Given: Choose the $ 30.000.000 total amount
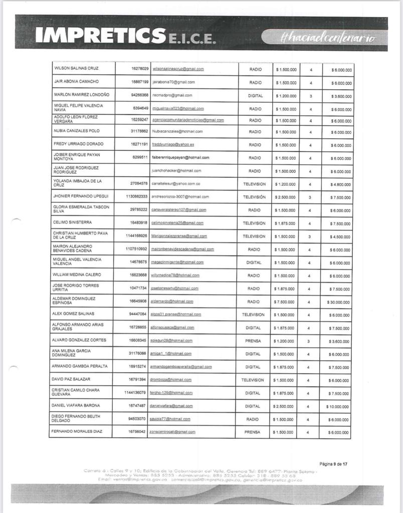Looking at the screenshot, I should (x=338, y=302).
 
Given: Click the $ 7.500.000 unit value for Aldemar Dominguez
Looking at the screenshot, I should (x=284, y=302).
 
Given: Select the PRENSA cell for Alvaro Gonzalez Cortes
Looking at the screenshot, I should (x=253, y=341).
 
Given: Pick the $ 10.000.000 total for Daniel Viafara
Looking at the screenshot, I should (x=338, y=407).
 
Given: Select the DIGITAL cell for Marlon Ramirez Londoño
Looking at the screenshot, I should (x=255, y=95).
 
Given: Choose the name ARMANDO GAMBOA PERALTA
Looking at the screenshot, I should (x=80, y=366).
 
